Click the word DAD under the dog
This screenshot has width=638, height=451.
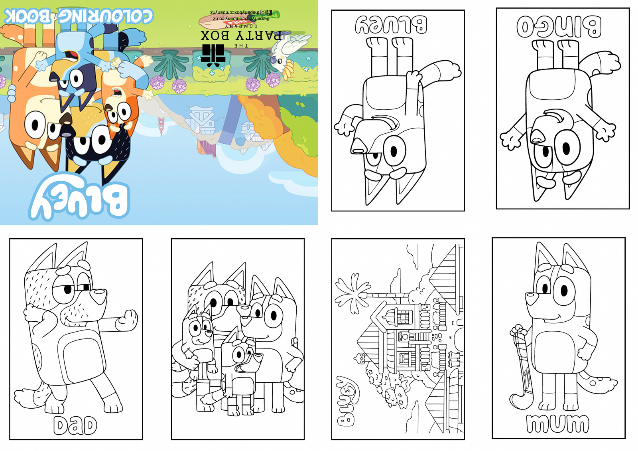tap(75, 425)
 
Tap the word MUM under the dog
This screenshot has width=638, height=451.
tap(557, 423)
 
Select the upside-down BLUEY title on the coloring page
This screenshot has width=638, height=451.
tap(391, 24)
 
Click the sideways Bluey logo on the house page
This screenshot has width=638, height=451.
tap(348, 401)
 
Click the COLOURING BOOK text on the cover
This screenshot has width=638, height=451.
tap(78, 16)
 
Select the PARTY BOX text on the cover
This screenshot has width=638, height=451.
tap(241, 36)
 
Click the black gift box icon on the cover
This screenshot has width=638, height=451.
tap(213, 55)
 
